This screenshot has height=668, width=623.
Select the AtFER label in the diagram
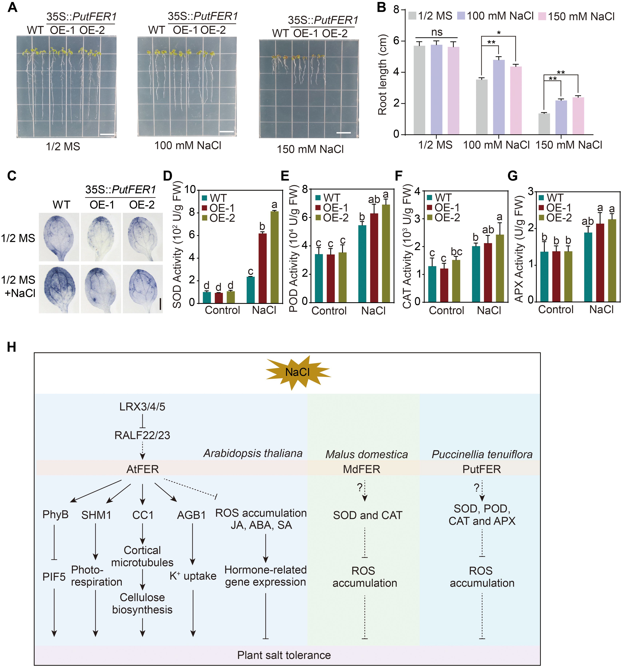pos(142,469)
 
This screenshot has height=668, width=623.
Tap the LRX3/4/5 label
pos(142,407)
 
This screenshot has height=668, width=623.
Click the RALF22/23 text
pos(142,435)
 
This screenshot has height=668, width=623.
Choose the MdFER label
pos(362,469)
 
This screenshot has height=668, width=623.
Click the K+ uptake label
pos(193,576)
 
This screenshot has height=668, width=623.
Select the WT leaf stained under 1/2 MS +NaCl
pos(59,288)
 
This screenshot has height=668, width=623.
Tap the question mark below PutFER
pos(476,488)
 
